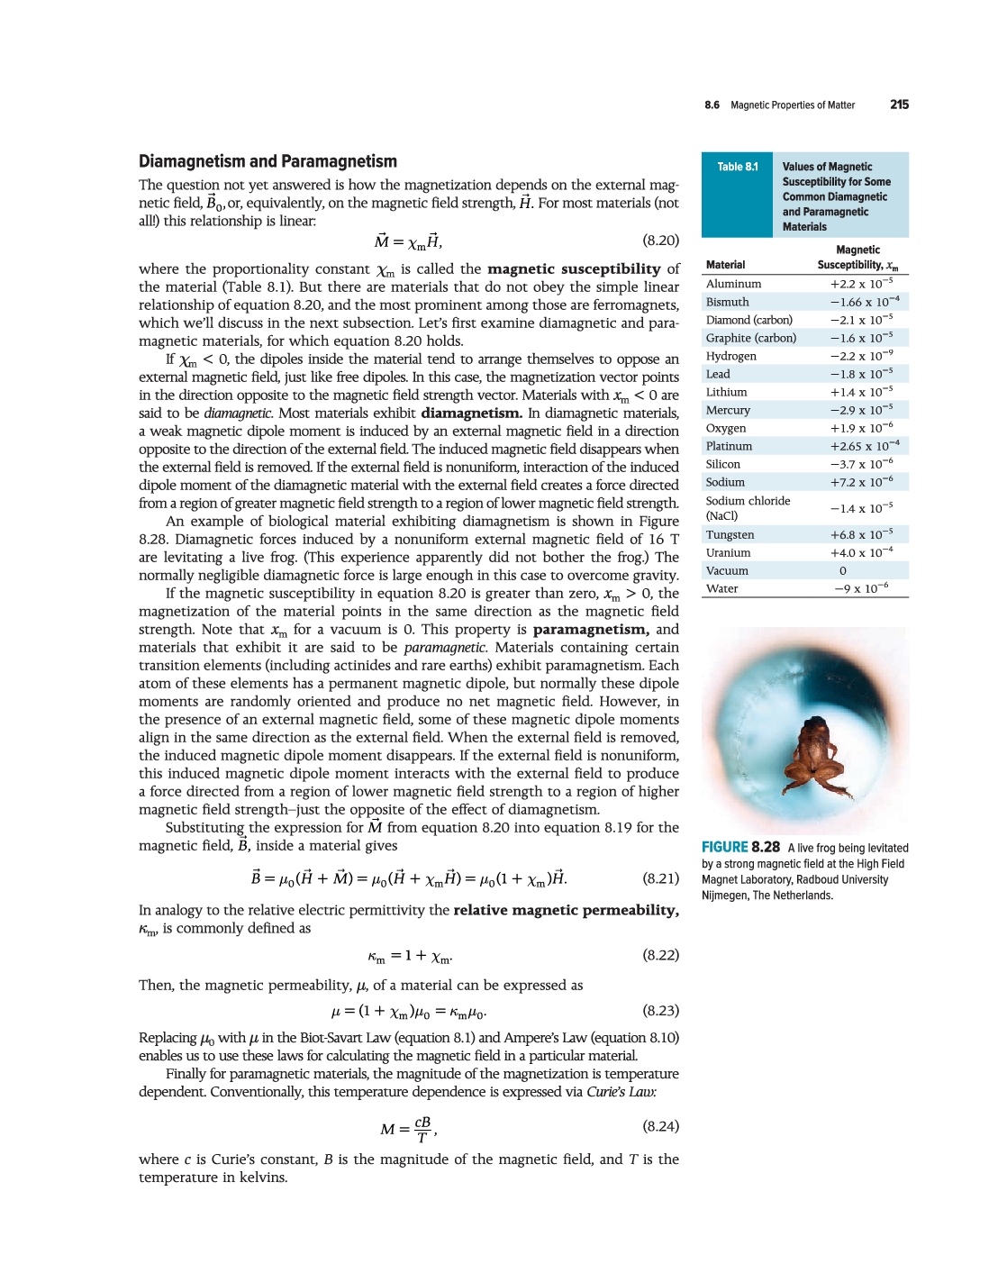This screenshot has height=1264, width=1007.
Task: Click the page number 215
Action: click(899, 105)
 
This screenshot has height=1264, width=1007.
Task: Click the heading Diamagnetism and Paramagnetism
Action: click(268, 161)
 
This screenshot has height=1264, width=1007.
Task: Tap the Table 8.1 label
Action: click(737, 167)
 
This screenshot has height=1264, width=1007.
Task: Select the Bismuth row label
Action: click(727, 302)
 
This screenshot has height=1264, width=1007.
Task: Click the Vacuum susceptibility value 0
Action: click(843, 570)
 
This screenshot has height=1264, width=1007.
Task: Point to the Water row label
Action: click(721, 588)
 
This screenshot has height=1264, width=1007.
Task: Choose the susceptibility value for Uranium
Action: click(861, 552)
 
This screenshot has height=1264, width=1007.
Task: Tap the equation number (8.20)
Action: click(660, 241)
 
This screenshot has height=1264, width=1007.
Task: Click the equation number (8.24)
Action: click(660, 1126)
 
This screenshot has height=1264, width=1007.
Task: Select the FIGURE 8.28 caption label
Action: click(740, 847)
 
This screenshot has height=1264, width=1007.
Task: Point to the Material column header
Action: click(725, 265)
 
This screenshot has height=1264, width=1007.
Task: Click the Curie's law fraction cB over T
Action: click(422, 1129)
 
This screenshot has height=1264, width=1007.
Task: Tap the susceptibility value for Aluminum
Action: click(861, 284)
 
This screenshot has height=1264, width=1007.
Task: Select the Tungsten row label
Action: click(730, 534)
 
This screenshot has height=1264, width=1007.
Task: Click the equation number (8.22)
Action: click(660, 955)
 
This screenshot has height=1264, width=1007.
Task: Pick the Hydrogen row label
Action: click(730, 356)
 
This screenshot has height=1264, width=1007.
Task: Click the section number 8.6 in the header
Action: click(712, 105)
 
